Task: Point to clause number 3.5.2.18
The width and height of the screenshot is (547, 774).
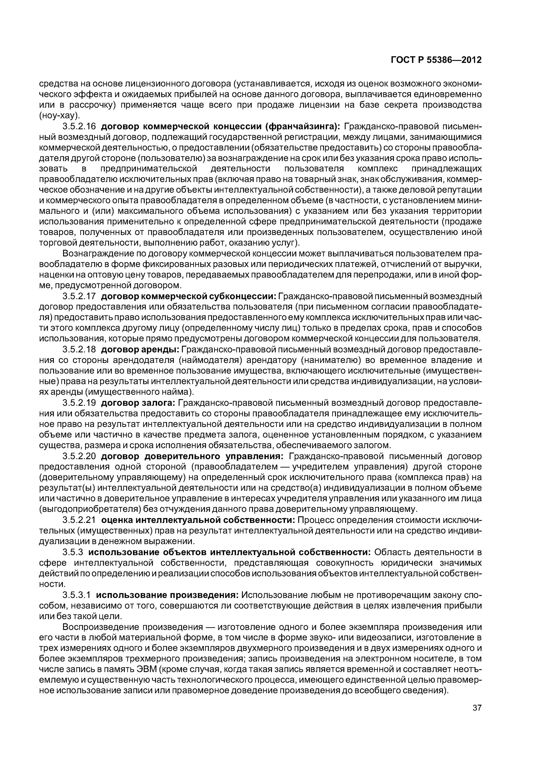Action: pyautogui.click(x=79, y=349)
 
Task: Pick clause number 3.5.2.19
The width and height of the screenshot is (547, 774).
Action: pyautogui.click(x=79, y=402)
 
